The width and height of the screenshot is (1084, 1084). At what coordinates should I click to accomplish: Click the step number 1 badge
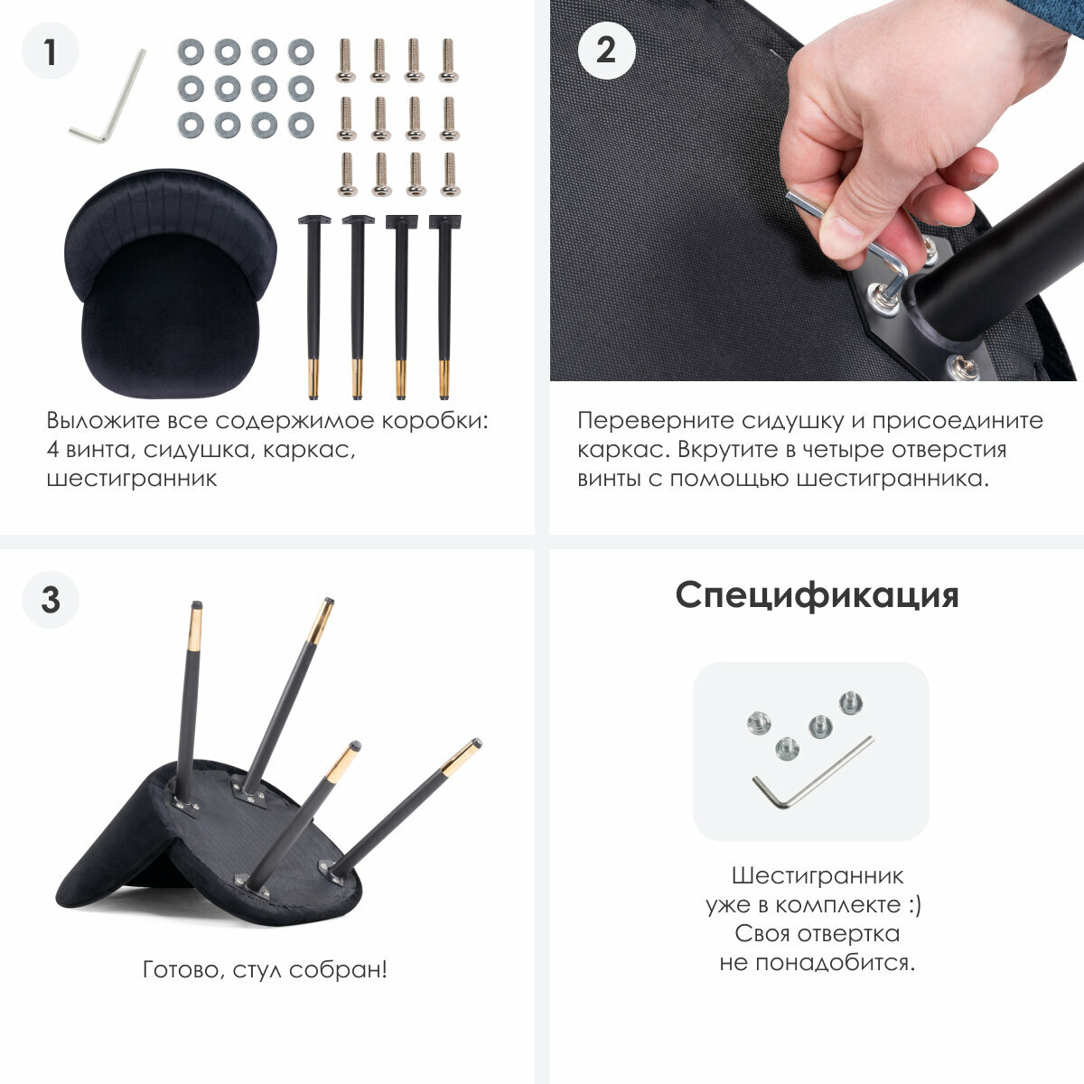click(51, 51)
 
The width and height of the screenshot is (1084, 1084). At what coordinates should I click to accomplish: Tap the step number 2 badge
click(606, 51)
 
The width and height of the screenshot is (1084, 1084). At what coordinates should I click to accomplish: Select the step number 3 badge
click(51, 600)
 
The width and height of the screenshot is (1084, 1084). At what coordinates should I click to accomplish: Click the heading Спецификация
click(817, 595)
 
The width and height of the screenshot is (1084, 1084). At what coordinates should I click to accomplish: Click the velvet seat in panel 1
click(171, 284)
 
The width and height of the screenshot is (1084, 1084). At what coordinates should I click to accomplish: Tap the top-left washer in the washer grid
click(191, 52)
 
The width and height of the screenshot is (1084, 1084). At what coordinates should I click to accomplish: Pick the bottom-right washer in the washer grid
click(301, 125)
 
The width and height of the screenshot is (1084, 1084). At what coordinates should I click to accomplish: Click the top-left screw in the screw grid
click(345, 61)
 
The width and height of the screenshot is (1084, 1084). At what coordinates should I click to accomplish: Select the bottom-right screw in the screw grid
click(450, 175)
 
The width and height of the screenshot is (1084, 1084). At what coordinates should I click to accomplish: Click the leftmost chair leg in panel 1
click(313, 307)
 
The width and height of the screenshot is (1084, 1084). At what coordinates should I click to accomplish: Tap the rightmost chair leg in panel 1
click(445, 307)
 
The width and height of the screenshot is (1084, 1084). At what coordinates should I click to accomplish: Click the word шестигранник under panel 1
click(132, 480)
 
